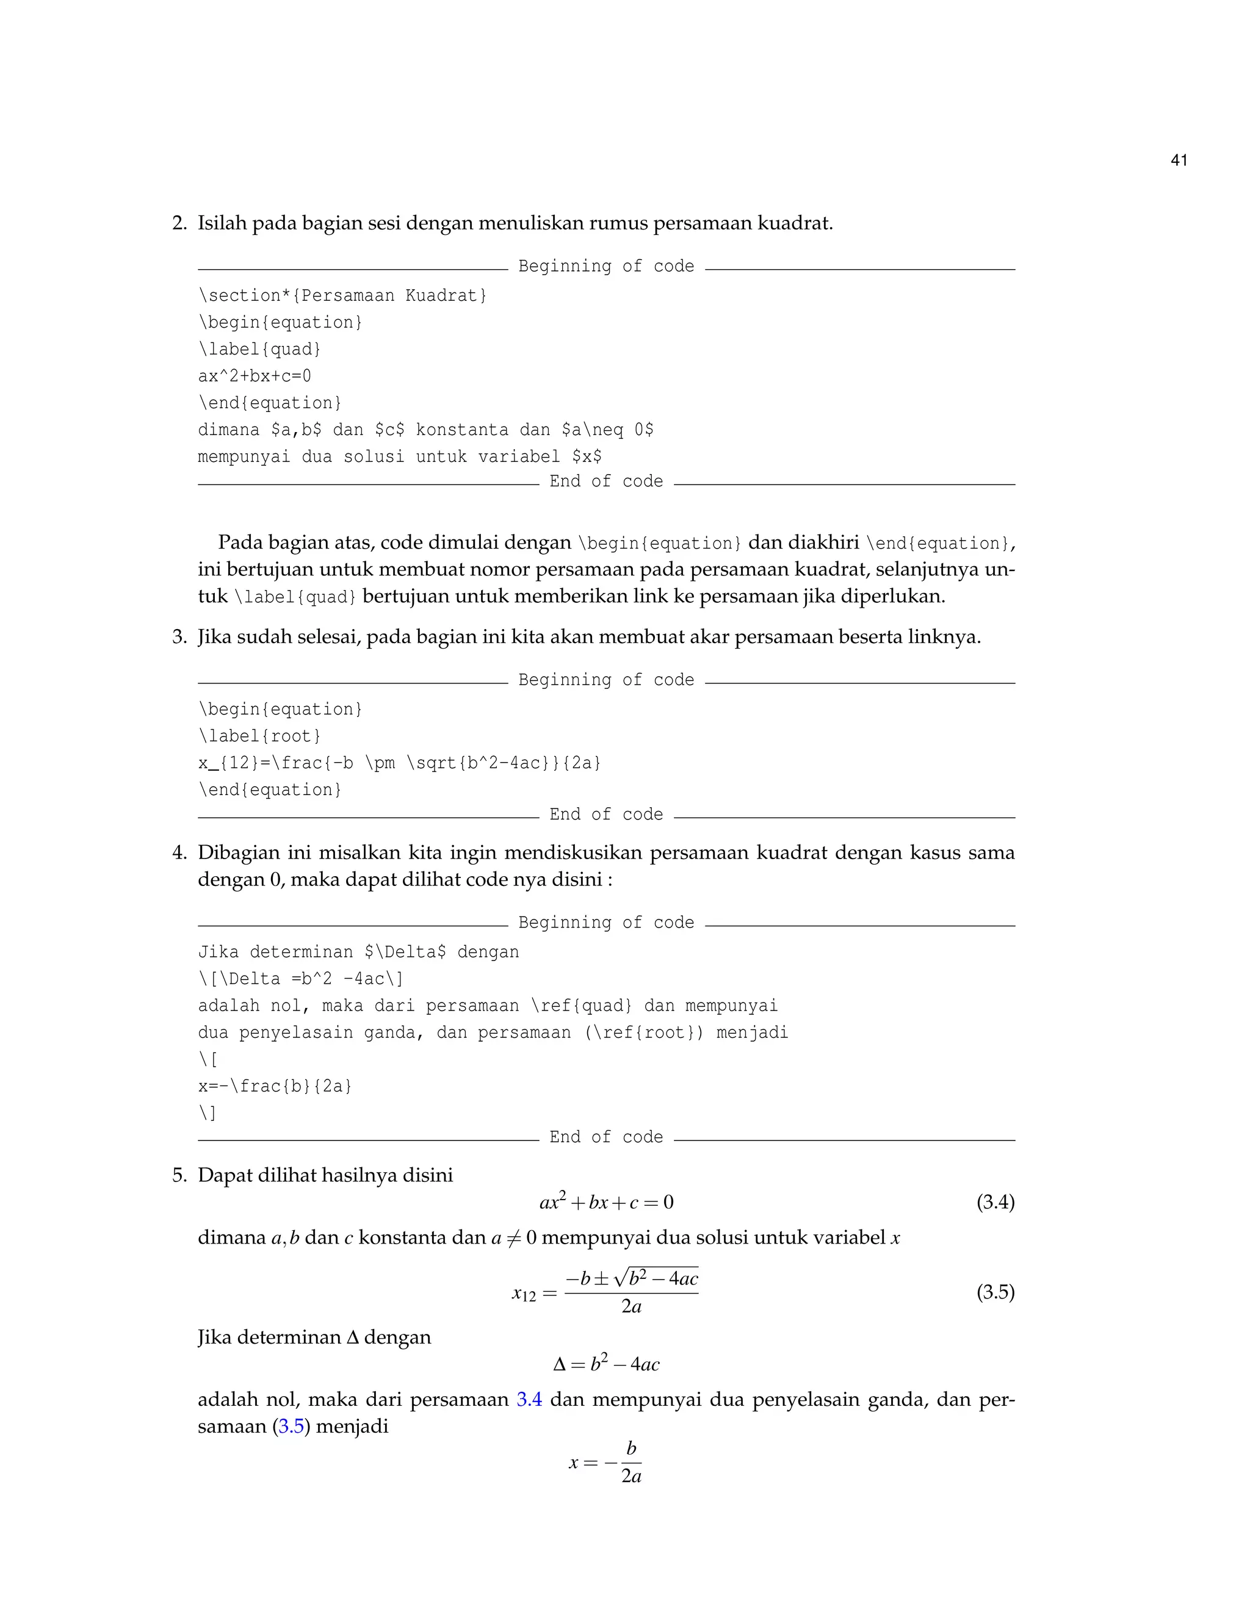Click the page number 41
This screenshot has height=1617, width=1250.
pyautogui.click(x=1179, y=160)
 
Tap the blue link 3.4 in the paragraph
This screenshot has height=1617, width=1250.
pyautogui.click(x=529, y=1399)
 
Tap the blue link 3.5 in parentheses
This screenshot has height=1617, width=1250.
pyautogui.click(x=292, y=1426)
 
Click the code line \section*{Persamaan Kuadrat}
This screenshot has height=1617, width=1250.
pyautogui.click(x=342, y=295)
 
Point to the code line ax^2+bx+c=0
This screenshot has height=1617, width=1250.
pyautogui.click(x=254, y=376)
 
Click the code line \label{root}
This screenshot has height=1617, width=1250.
pyautogui.click(x=259, y=736)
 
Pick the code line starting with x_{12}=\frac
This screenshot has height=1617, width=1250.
pyautogui.click(x=399, y=763)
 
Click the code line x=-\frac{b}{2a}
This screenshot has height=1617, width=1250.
pyautogui.click(x=275, y=1086)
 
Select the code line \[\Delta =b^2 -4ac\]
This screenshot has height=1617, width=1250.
pyautogui.click(x=301, y=979)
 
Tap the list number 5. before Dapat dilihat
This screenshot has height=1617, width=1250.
pyautogui.click(x=179, y=1175)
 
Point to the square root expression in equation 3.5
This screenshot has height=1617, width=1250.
pyautogui.click(x=656, y=1278)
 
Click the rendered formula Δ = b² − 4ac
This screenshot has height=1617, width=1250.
pyautogui.click(x=605, y=1364)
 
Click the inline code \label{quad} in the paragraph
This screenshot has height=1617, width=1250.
pyautogui.click(x=295, y=597)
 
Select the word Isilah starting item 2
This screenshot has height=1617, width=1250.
pyautogui.click(x=222, y=223)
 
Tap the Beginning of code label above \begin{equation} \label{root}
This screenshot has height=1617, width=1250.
pyautogui.click(x=605, y=680)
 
